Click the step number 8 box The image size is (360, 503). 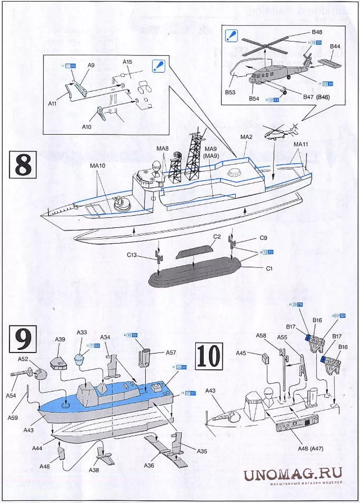click(23, 165)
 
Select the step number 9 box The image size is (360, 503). click(23, 339)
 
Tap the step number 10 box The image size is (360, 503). click(209, 356)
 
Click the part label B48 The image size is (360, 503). click(317, 32)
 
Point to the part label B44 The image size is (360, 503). click(335, 47)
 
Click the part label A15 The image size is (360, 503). click(127, 62)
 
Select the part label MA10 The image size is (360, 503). click(97, 165)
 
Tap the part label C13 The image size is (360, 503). click(132, 255)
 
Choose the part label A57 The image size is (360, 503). click(171, 352)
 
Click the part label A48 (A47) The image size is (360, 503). click(310, 448)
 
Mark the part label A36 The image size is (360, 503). click(149, 466)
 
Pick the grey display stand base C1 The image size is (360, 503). click(194, 272)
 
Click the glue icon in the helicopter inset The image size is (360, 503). click(231, 36)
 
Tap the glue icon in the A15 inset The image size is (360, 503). click(158, 66)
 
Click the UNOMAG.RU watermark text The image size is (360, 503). click(293, 474)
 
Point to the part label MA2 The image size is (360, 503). click(246, 137)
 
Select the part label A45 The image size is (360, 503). click(241, 353)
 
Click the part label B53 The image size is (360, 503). click(230, 92)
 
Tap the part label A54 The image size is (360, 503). click(11, 395)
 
